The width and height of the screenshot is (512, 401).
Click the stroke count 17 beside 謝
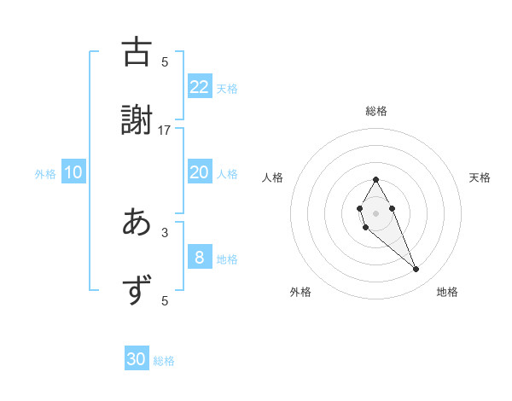[x=165, y=130]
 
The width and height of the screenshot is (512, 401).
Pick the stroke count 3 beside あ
[x=165, y=232]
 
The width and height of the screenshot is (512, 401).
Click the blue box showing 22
[x=199, y=86]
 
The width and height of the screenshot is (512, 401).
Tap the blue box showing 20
[x=199, y=172]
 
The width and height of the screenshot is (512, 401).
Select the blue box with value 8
[x=199, y=258]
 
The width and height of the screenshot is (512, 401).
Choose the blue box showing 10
[x=73, y=172]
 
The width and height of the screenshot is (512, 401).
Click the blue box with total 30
[x=137, y=359]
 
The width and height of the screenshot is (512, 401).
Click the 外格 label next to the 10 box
[x=45, y=174]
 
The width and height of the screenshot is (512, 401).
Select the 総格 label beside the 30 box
[x=165, y=361]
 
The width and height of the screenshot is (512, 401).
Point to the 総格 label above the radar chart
[x=375, y=111]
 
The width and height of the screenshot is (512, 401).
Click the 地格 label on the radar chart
[x=447, y=292]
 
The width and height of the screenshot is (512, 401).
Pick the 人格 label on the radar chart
[x=273, y=177]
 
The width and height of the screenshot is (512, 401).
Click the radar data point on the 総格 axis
[x=375, y=179]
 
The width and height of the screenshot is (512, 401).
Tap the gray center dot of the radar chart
[x=375, y=212]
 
